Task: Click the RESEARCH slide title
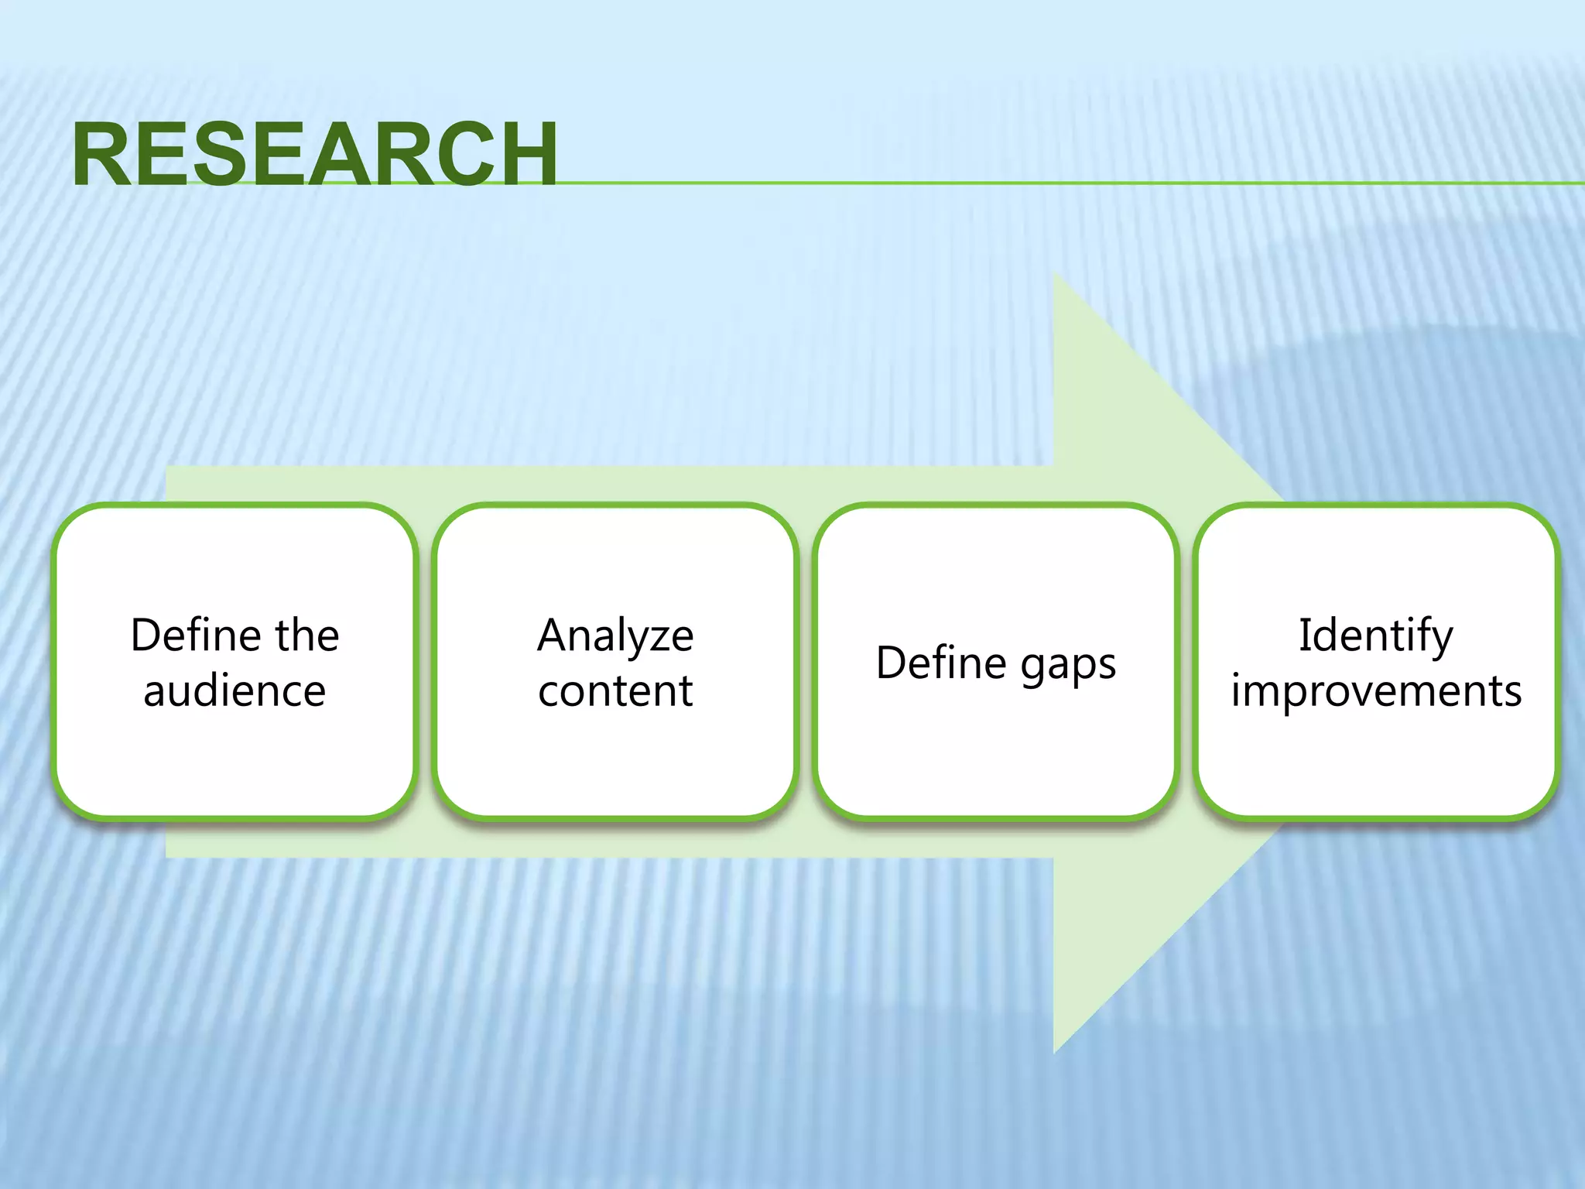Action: pos(314,155)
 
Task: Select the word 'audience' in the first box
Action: pos(234,690)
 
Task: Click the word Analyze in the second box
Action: pos(615,637)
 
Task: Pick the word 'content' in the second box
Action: pos(615,690)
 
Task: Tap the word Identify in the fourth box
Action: pos(1376,637)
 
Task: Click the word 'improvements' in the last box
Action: pos(1376,690)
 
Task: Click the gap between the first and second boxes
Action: pos(425,662)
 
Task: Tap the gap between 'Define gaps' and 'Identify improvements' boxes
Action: pos(1186,662)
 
